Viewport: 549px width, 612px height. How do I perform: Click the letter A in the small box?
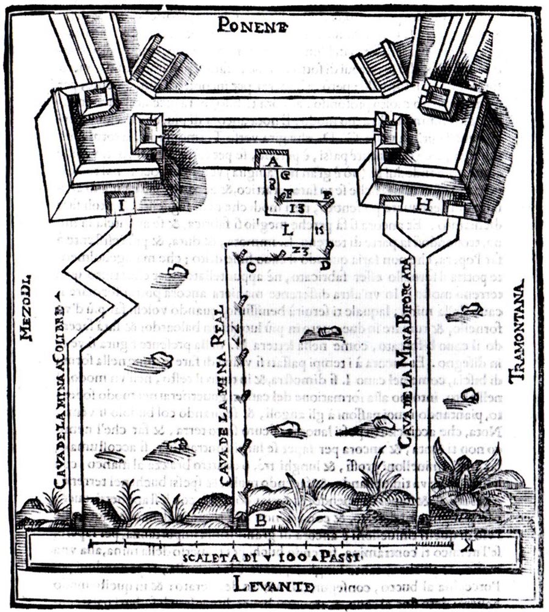click(x=273, y=162)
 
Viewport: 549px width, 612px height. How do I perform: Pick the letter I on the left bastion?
click(x=123, y=205)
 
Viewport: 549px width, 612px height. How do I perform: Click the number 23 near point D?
click(x=298, y=251)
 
